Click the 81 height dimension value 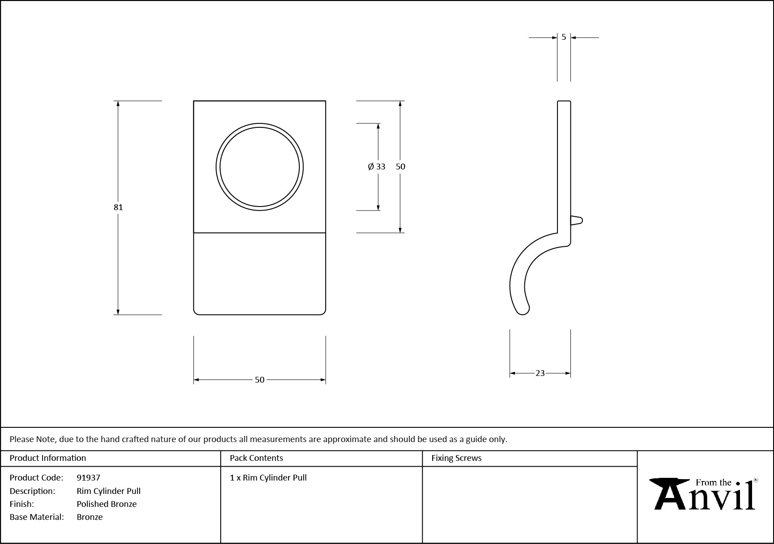click(118, 207)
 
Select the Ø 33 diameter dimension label click(376, 166)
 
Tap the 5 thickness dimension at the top click(564, 37)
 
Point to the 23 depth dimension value click(540, 373)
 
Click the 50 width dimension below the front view click(259, 380)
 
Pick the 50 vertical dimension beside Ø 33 click(400, 166)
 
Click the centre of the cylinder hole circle click(259, 167)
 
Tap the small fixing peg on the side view click(577, 220)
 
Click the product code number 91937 click(88, 477)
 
